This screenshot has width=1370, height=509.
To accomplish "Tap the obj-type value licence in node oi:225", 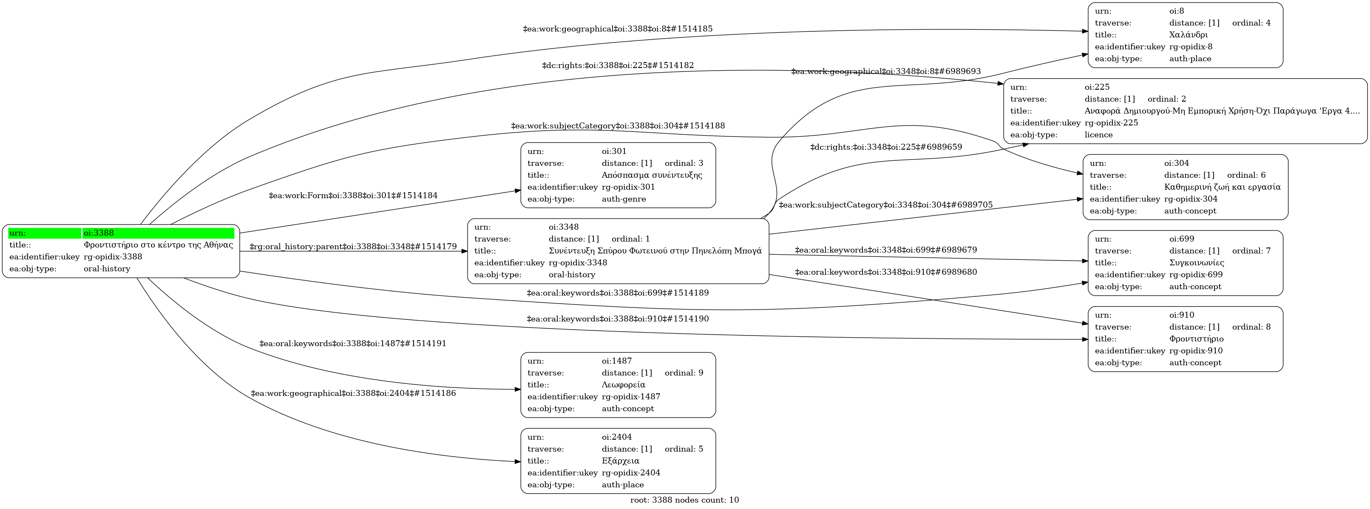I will (x=1098, y=134).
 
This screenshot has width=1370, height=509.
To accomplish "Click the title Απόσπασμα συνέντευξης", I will (x=652, y=175).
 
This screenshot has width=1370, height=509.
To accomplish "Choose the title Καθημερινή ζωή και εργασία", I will (x=1222, y=187).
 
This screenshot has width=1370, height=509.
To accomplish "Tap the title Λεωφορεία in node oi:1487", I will (x=623, y=384).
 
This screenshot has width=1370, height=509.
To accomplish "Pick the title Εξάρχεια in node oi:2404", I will (x=620, y=461).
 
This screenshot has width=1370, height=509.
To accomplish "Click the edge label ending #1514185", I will (x=618, y=29).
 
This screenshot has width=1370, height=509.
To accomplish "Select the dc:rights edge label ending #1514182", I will (x=618, y=65).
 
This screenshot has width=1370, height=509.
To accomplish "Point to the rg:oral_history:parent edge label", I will (x=353, y=247).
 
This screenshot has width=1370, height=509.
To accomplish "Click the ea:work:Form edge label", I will (x=353, y=196).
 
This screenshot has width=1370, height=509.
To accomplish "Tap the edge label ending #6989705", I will (x=885, y=205).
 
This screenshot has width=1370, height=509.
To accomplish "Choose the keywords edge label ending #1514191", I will (x=353, y=344).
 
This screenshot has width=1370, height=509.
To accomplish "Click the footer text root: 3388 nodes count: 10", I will (x=684, y=500).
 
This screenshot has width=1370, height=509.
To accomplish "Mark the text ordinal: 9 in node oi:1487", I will (x=684, y=373).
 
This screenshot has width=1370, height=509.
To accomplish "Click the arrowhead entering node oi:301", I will (x=517, y=191).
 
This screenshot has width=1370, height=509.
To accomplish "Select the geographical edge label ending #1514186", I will (x=353, y=394).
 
